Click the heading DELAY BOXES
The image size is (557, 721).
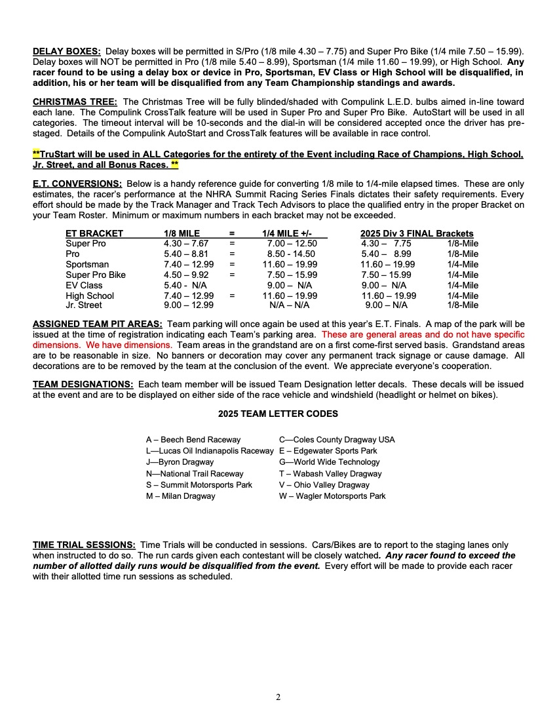click(67, 51)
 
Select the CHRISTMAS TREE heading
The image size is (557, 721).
click(75, 102)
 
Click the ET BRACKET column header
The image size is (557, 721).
click(94, 233)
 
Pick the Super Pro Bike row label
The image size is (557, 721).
click(96, 275)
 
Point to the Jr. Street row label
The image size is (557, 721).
click(84, 305)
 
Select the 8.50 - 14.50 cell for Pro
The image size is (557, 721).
click(291, 254)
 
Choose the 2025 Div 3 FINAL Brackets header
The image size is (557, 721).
click(417, 233)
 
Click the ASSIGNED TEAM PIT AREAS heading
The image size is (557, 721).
click(98, 324)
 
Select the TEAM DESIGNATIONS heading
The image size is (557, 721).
click(85, 385)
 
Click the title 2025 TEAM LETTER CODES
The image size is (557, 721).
click(278, 414)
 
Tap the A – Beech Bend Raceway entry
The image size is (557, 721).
click(193, 440)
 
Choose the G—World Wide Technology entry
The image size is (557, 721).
click(329, 462)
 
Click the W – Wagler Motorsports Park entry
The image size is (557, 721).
click(332, 496)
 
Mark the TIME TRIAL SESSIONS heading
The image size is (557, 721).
click(85, 545)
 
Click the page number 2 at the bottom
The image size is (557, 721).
click(278, 697)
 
